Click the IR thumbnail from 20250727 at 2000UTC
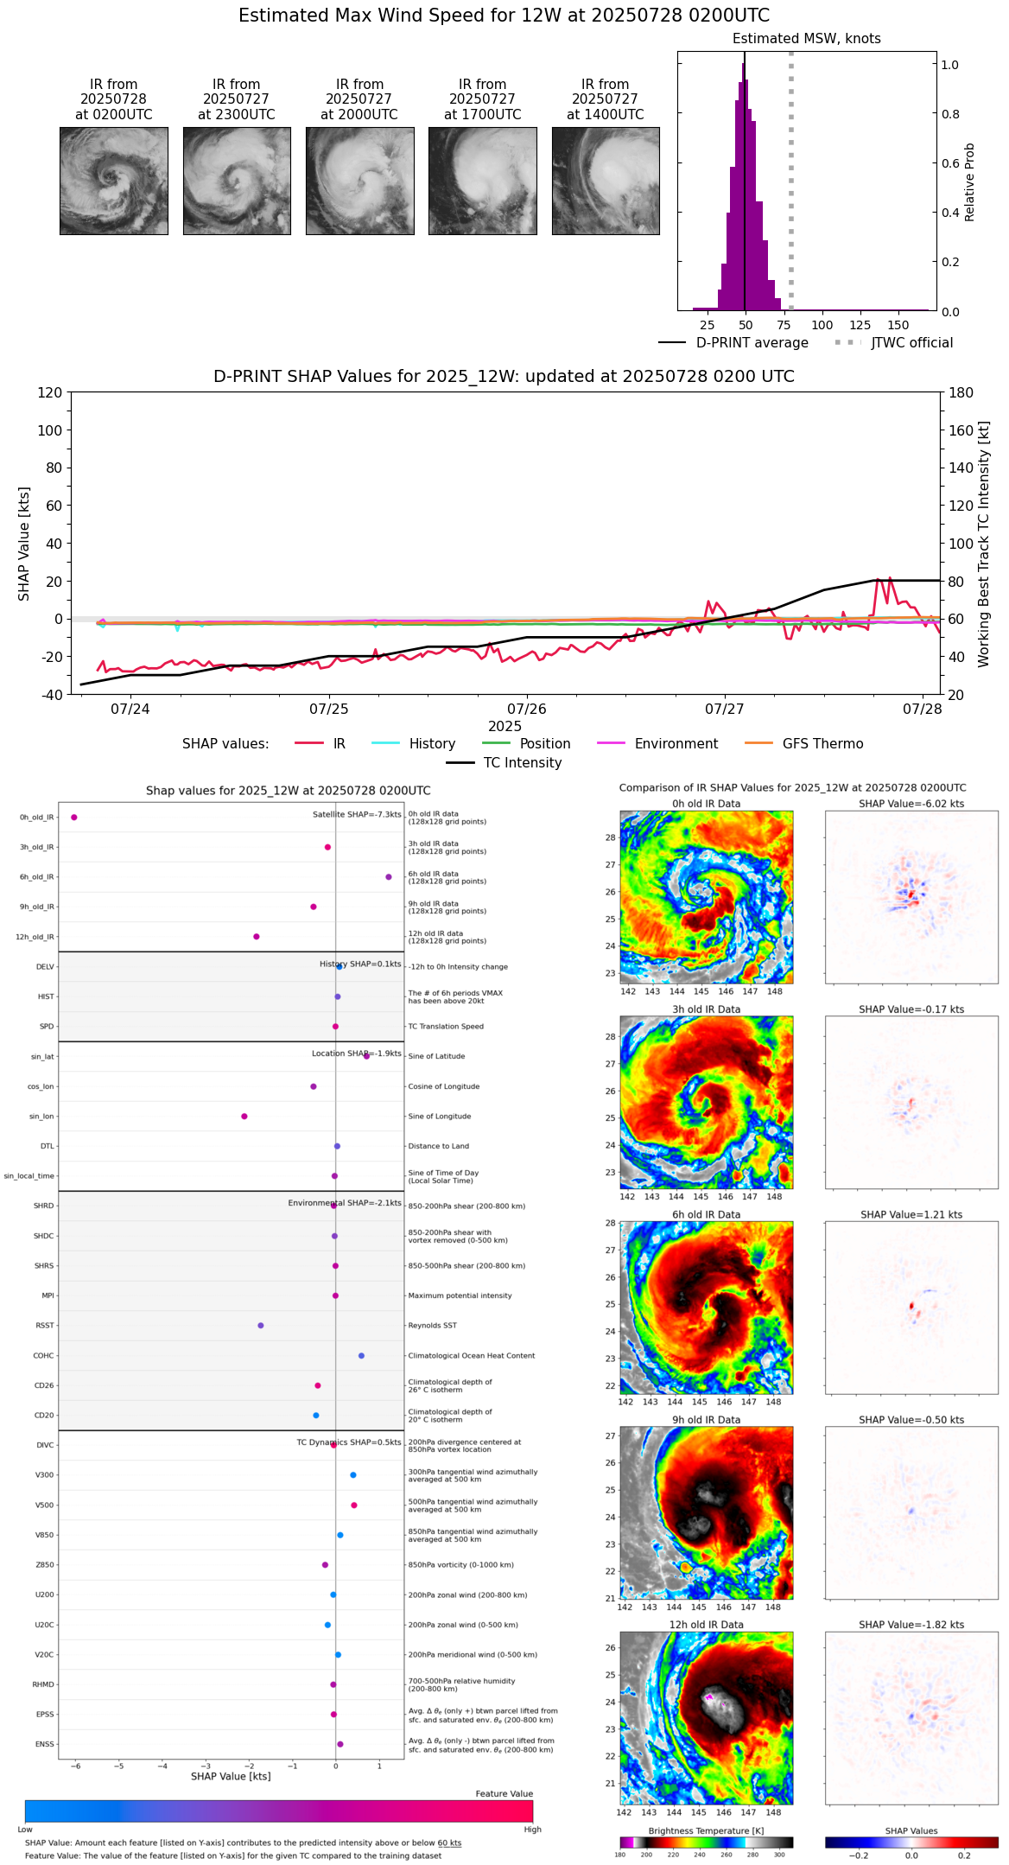coord(359,181)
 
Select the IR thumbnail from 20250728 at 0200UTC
coord(114,181)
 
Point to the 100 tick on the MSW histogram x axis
coord(822,325)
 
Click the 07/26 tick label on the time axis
coord(526,710)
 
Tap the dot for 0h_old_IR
coord(74,818)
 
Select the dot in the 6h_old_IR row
coord(389,877)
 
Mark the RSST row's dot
coord(261,1326)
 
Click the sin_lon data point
coord(244,1117)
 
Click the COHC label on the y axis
coord(43,1356)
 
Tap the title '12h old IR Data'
coord(706,1625)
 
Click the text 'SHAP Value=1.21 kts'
coord(911,1214)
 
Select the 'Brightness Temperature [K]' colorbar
coord(706,1843)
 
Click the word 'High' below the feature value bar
coord(532,1830)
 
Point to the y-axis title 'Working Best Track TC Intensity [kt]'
coord(984,544)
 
